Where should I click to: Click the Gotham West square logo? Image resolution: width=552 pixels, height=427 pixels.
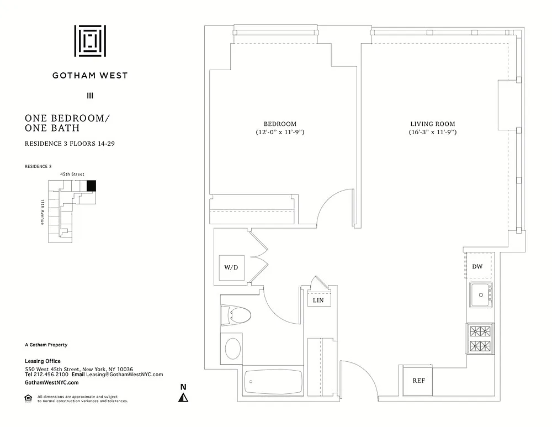pos(90,41)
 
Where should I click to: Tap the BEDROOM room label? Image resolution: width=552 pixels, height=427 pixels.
pos(280,124)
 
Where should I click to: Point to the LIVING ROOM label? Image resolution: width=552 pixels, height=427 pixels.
pos(433,124)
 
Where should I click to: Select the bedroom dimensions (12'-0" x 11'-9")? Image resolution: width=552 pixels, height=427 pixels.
pos(280,132)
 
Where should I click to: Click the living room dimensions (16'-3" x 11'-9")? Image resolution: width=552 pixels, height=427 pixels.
pos(433,132)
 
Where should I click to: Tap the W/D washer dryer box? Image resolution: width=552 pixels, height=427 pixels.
pos(232,267)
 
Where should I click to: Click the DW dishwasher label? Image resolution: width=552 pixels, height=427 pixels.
pos(477,266)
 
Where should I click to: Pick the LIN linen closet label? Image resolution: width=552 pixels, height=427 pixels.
pos(319,300)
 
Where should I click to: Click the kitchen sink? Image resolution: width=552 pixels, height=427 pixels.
pos(481,295)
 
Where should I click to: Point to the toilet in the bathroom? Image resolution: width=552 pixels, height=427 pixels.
pos(235,315)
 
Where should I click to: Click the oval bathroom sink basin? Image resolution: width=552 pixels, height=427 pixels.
pos(233,349)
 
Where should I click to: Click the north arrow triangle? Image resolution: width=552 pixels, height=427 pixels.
pos(183,398)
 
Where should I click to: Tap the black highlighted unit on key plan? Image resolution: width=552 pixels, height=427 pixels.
pos(91,186)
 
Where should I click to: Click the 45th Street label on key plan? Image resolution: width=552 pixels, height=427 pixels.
pos(72,174)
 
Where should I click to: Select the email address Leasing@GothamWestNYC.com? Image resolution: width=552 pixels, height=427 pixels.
pos(125,375)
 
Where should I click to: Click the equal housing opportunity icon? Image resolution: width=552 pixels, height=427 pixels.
pos(28,398)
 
